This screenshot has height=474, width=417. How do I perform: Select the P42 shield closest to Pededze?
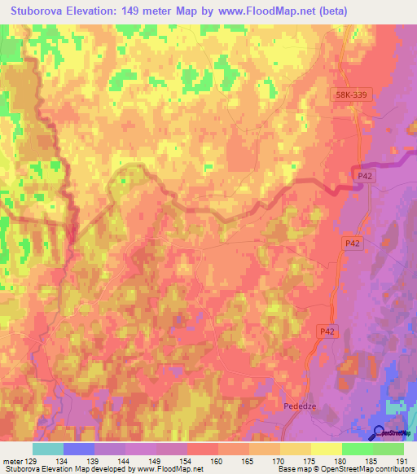point(327,331)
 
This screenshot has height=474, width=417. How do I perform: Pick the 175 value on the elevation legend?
point(309,461)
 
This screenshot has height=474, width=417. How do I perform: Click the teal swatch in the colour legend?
point(47,449)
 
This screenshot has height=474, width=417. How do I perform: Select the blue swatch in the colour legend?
point(78,449)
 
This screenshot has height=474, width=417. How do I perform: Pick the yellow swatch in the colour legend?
point(326,449)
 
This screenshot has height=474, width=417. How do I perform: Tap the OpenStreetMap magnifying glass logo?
point(380,432)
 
